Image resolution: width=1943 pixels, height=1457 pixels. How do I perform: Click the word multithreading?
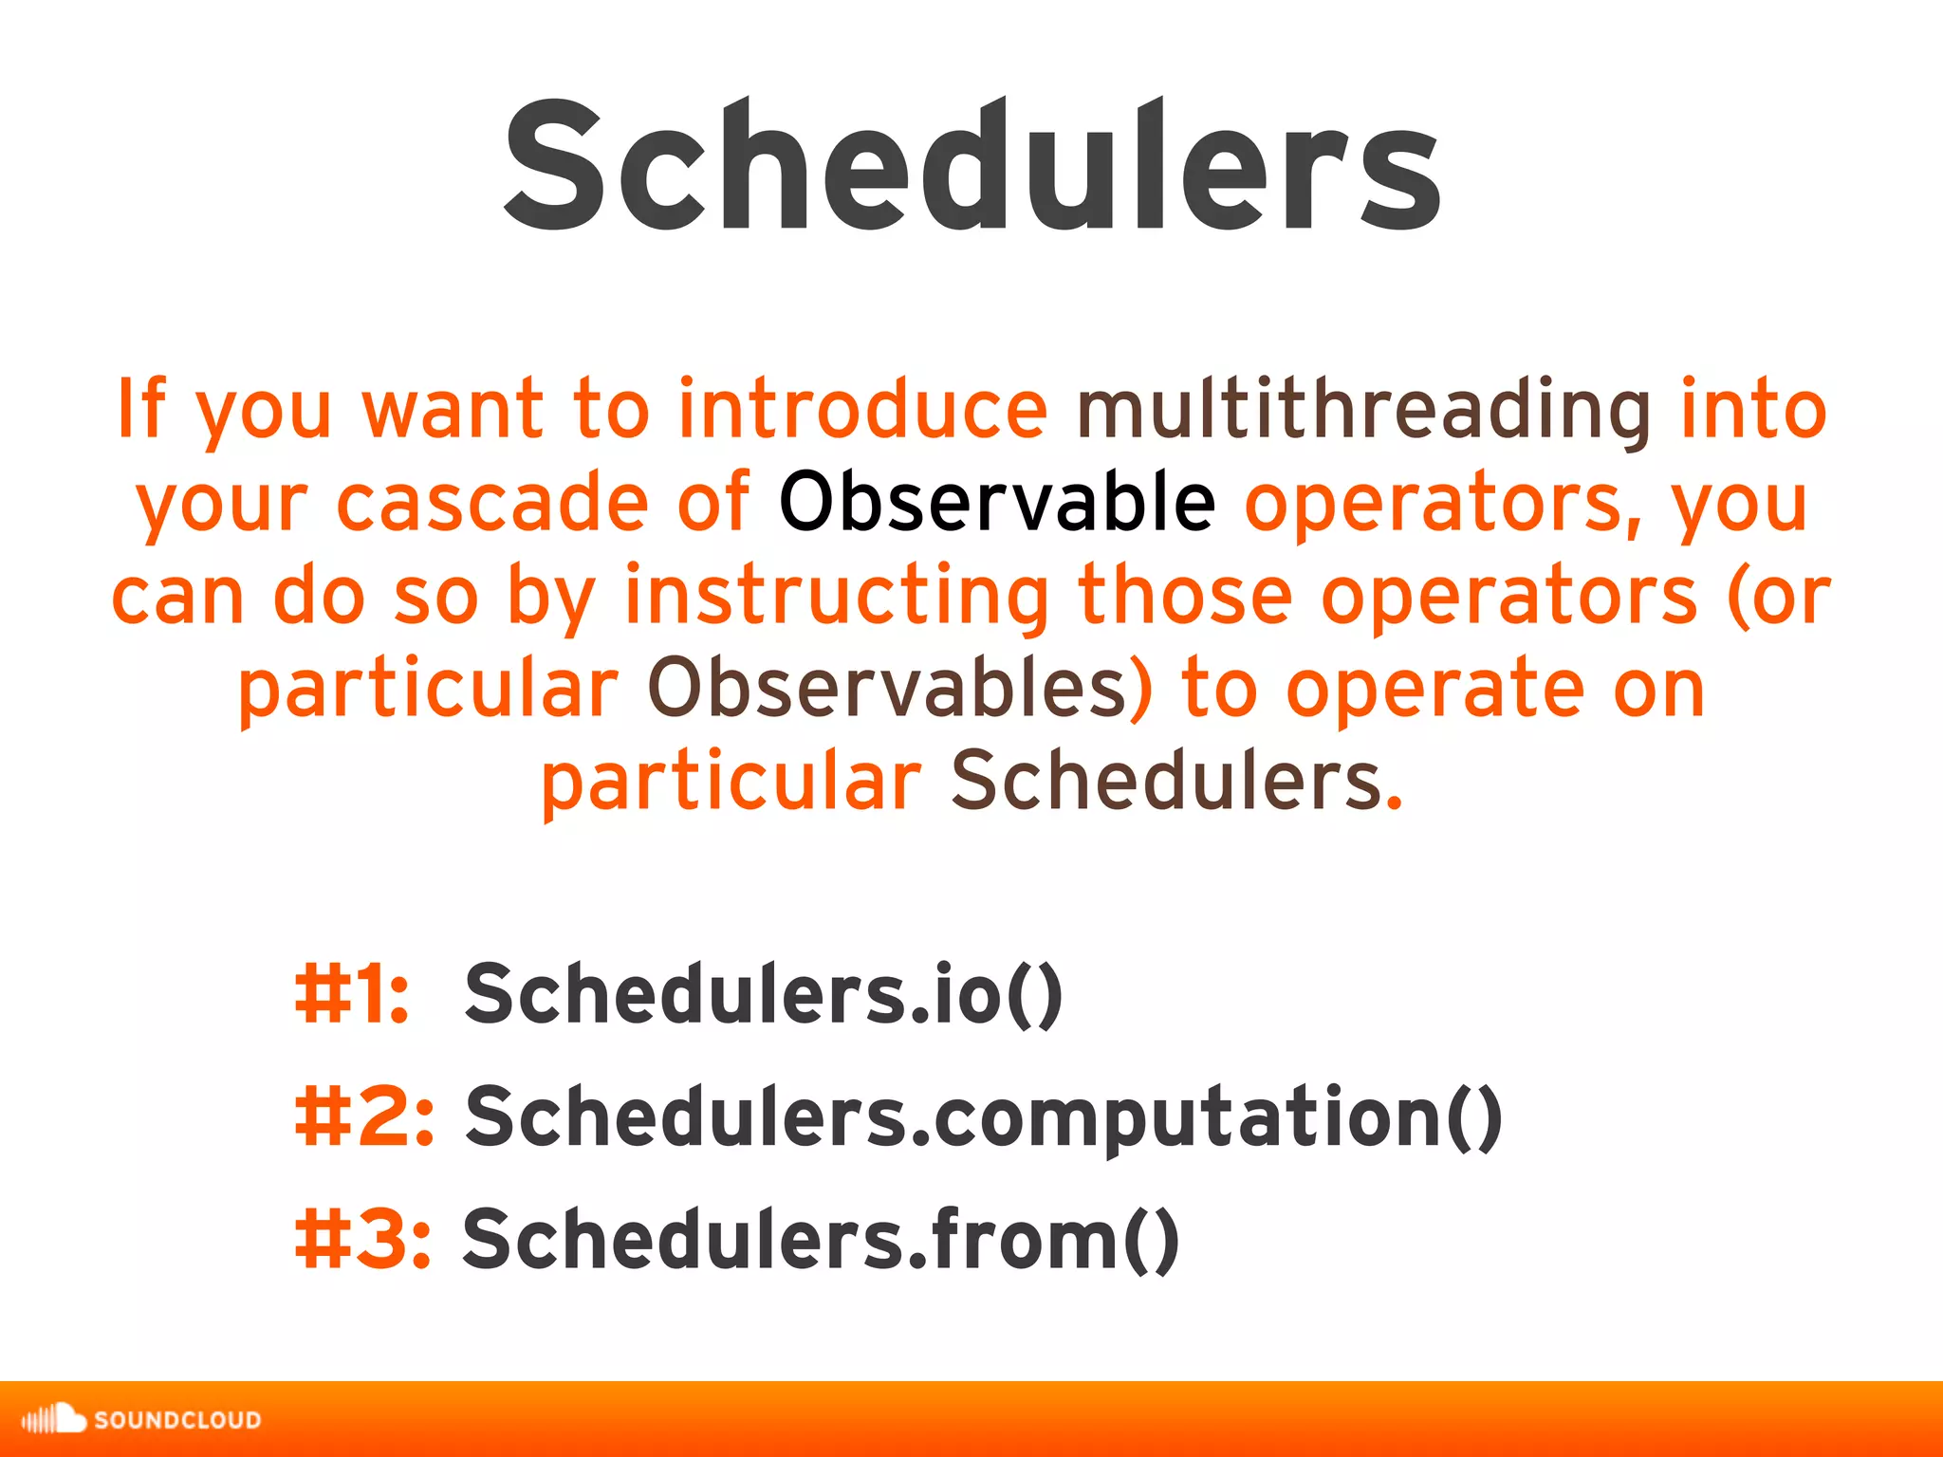coord(1364,410)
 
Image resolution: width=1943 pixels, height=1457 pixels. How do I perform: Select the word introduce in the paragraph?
coord(861,410)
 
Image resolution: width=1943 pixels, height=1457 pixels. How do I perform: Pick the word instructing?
coord(837,596)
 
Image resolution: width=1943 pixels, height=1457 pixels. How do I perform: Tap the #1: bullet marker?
coord(352,994)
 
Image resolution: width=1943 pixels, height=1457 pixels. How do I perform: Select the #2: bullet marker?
coord(364,1116)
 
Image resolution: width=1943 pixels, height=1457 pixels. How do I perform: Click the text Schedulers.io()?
coord(763,994)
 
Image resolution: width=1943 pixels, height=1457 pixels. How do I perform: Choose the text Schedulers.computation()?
coord(983,1116)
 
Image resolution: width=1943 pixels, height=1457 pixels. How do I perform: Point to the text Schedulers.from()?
coord(821,1239)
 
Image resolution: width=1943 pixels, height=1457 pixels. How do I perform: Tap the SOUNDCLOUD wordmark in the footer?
coord(177,1420)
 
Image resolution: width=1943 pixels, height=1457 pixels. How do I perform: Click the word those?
coord(1185,596)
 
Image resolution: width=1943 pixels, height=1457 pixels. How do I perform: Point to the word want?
coord(453,410)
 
